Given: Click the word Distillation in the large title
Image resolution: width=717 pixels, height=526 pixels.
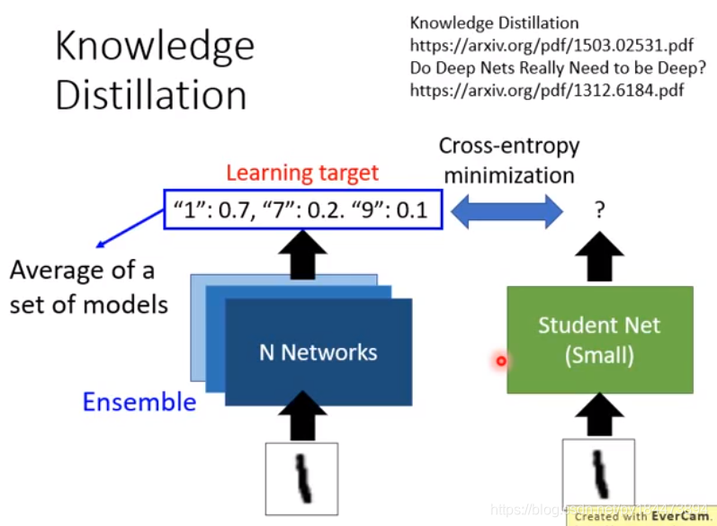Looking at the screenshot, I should tap(150, 95).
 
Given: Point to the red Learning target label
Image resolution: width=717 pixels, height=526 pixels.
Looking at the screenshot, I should tap(302, 173).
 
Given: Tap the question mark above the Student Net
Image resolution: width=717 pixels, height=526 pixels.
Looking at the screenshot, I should tap(598, 211).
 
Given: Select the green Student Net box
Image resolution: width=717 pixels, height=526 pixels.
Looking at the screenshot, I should tap(599, 340).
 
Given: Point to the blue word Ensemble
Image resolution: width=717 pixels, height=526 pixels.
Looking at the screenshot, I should tap(139, 402).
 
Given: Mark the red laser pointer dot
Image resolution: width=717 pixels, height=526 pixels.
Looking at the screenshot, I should tap(501, 361).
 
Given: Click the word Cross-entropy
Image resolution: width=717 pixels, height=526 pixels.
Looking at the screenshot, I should tap(508, 146).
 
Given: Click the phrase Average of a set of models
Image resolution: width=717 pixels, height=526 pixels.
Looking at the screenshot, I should tap(89, 287).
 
